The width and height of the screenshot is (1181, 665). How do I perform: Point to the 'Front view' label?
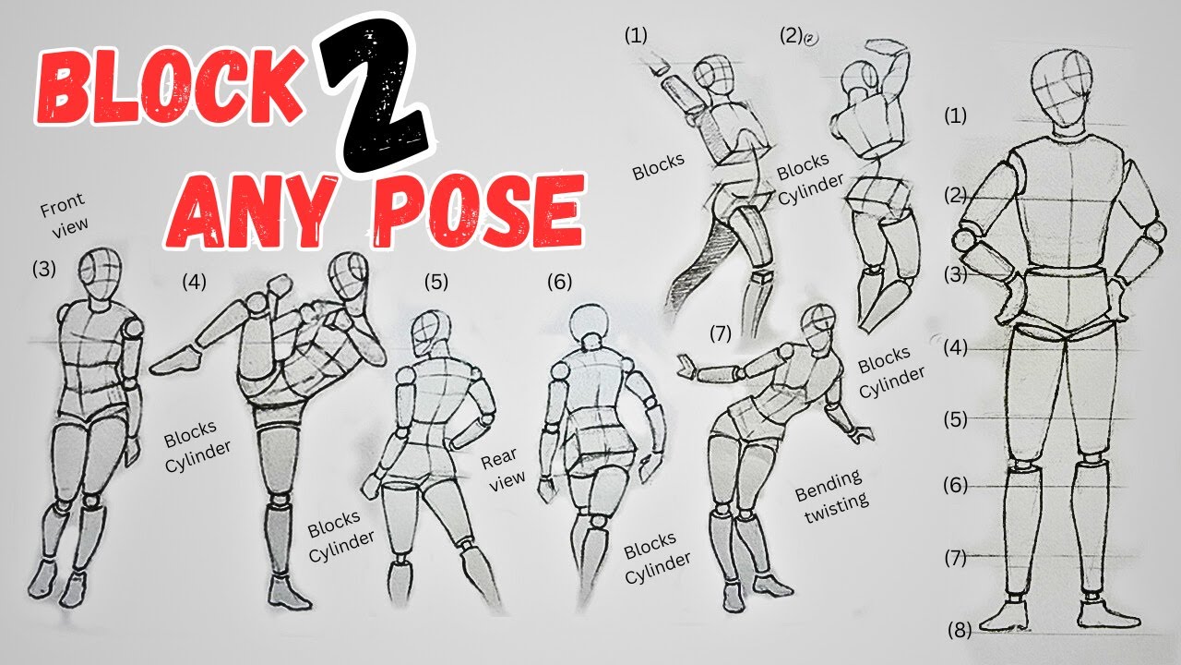point(64,216)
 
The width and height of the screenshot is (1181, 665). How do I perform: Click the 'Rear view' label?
point(502,466)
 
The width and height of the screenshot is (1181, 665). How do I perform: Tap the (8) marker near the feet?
point(960,630)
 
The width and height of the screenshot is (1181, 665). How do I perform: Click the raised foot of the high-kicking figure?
point(173,361)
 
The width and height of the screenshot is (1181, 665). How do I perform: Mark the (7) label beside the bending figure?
point(722,333)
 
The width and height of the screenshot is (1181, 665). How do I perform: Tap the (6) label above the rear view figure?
point(559,281)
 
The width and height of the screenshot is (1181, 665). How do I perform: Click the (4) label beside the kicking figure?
point(195,281)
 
